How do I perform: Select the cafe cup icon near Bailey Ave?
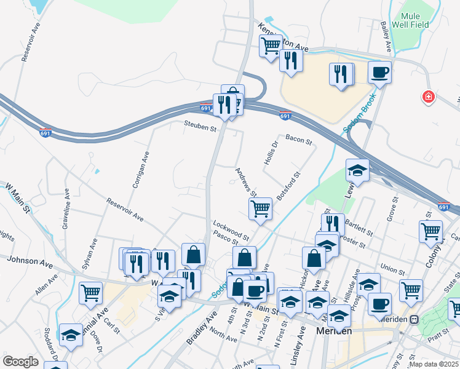click(x=379, y=72)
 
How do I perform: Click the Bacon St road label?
click(x=299, y=141)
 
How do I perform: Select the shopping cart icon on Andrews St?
click(x=260, y=208)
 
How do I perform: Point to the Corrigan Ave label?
click(x=137, y=170)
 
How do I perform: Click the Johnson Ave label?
click(x=30, y=261)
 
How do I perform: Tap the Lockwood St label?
click(x=231, y=231)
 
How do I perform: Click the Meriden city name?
click(x=333, y=330)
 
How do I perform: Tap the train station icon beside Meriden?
click(x=415, y=320)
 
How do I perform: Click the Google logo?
click(x=20, y=361)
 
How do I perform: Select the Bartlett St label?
click(x=359, y=228)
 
